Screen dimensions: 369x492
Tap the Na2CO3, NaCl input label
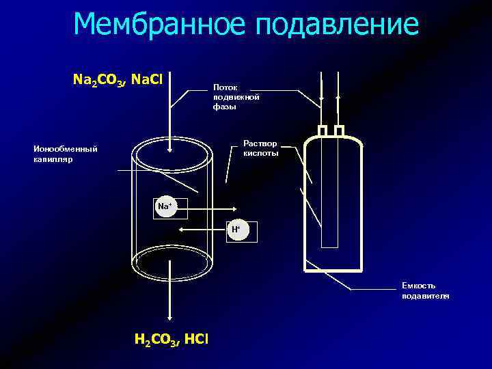coord(117,81)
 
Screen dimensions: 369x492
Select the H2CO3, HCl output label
coord(172,340)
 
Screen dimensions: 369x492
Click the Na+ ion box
coord(165,206)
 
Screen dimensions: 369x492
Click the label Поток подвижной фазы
coord(236,97)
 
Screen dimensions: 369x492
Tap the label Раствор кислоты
coord(260,148)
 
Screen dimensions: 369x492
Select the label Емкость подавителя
coord(425,290)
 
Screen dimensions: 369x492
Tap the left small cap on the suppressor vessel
coord(323,131)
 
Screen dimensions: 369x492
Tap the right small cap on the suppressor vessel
coord(338,131)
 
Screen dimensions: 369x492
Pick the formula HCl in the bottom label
coord(195,340)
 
